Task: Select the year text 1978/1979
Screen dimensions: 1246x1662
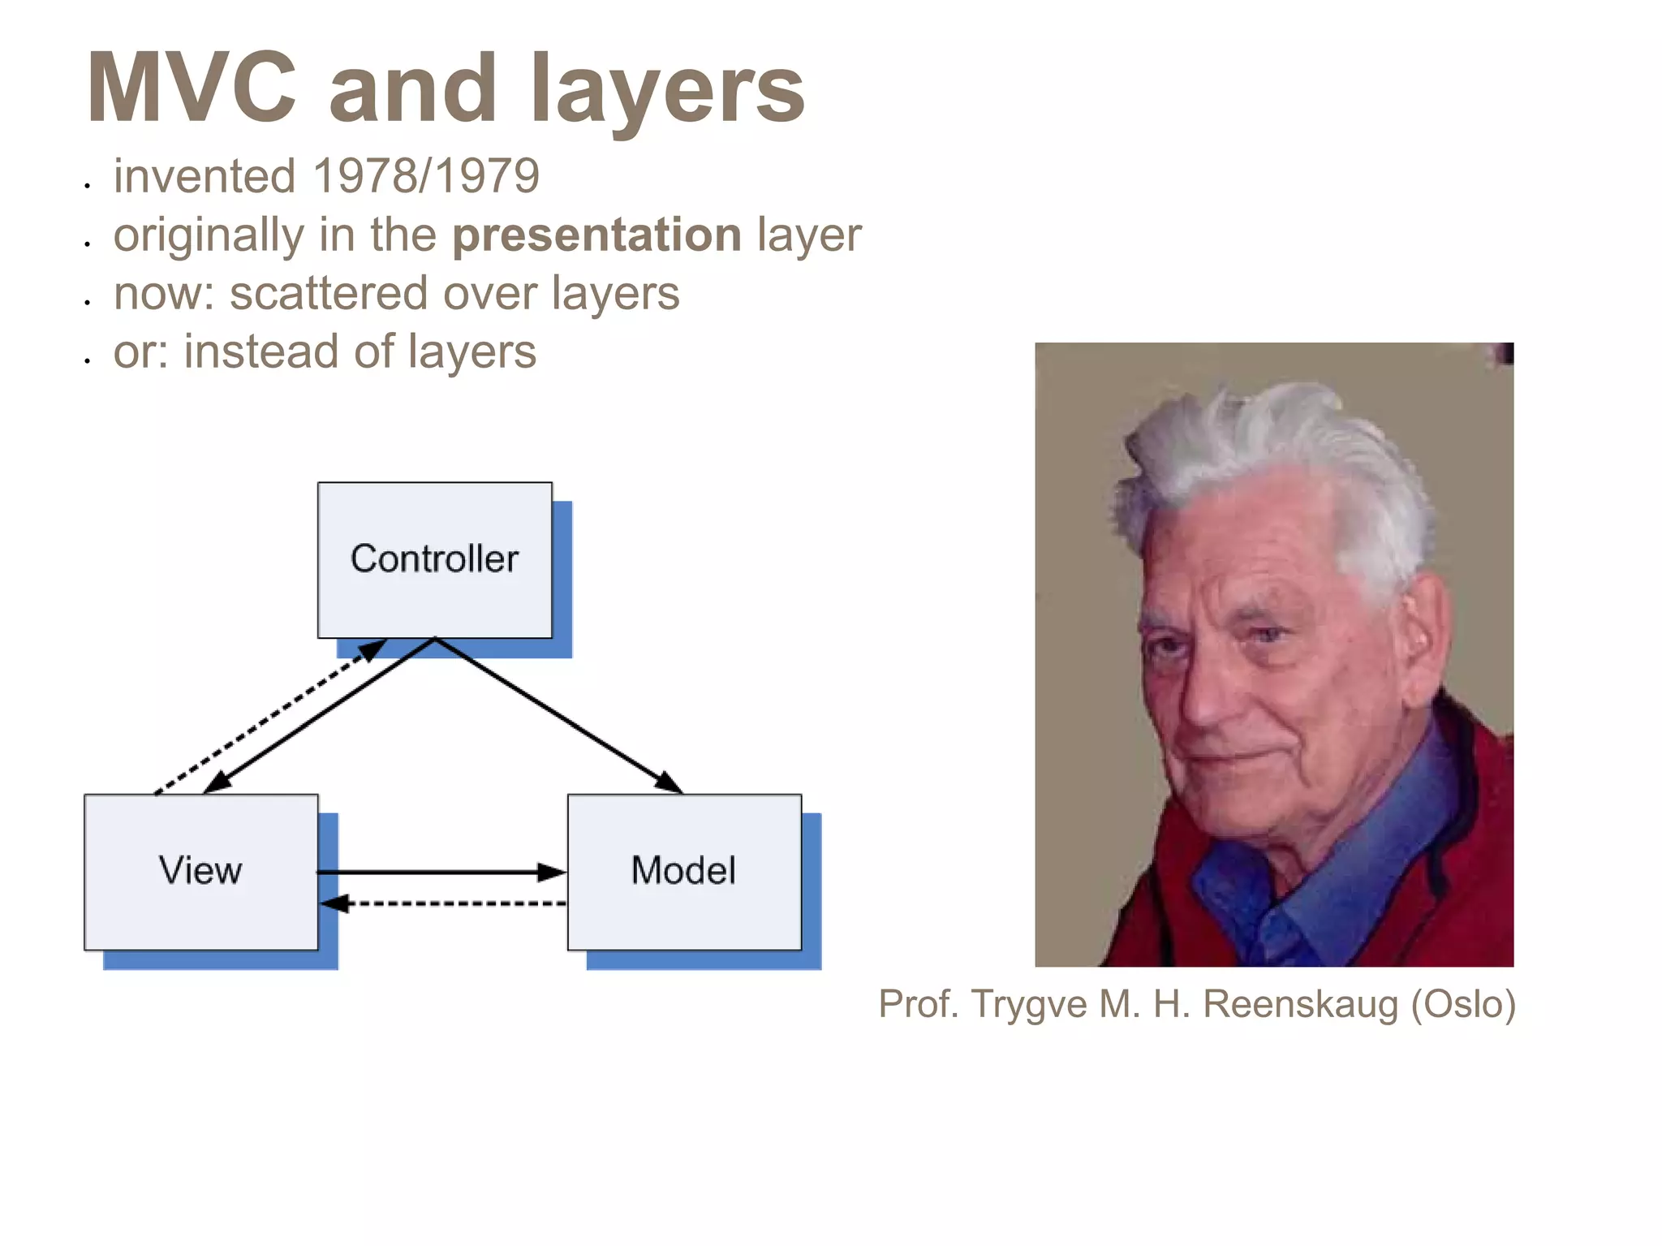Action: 426,176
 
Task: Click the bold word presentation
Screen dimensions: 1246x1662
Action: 597,235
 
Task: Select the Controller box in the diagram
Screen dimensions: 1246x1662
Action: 434,559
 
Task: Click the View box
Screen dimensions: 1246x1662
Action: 200,871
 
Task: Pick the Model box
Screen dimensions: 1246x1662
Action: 683,871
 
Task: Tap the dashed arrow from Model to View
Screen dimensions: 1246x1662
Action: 446,903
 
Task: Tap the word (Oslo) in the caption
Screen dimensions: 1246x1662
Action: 1462,1004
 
